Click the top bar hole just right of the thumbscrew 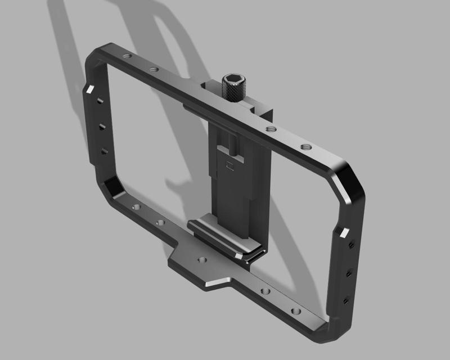(271, 129)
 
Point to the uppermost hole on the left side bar (99, 102)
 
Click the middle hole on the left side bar (101, 127)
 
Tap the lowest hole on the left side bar (105, 151)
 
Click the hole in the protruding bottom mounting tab (202, 261)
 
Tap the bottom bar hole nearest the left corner (135, 207)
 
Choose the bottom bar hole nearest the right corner (293, 311)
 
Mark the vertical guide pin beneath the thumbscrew (231, 144)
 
